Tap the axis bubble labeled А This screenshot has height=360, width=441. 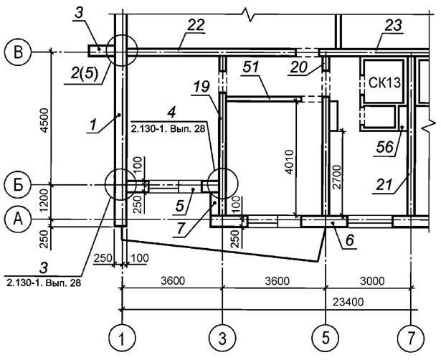point(17,217)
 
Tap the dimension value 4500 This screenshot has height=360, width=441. point(43,118)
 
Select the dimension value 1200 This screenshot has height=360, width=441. point(43,202)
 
